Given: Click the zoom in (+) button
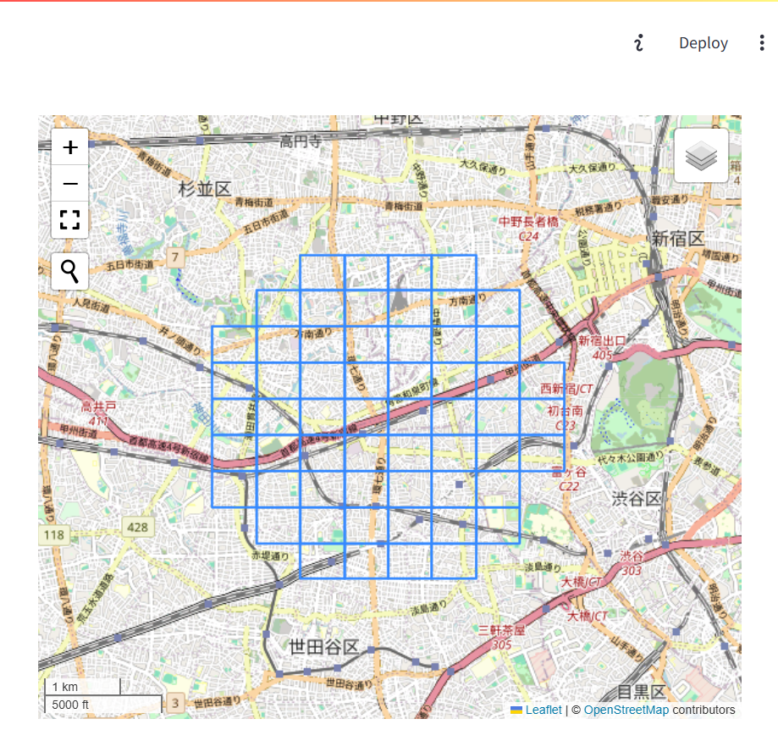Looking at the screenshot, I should tap(70, 147).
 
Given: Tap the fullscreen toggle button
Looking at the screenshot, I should tap(70, 220).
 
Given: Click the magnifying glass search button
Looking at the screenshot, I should tap(70, 271).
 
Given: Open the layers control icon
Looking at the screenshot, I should tap(701, 156).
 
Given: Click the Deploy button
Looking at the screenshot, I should tap(703, 43).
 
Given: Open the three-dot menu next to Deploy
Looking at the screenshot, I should tap(762, 43).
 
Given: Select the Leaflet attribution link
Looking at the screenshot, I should tap(543, 710).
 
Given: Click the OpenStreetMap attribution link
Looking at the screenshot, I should tap(626, 710).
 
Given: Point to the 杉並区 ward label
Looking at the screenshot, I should tap(205, 189).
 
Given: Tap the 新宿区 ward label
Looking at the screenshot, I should tap(677, 239).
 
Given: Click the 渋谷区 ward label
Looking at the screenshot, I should tap(636, 498).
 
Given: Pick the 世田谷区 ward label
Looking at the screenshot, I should tap(323, 647).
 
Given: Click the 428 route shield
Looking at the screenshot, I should tap(137, 528).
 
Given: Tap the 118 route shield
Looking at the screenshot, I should tap(53, 535).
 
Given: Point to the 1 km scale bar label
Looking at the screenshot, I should tap(65, 687).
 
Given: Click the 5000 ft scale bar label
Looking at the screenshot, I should tap(70, 704).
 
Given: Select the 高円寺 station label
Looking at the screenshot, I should tap(301, 141).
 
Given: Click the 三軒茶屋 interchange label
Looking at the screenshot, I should tap(501, 630).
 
